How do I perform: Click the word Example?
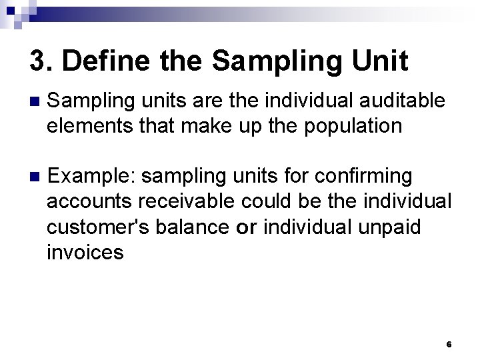93,177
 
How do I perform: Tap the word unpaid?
391,227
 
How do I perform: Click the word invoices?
85,251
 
